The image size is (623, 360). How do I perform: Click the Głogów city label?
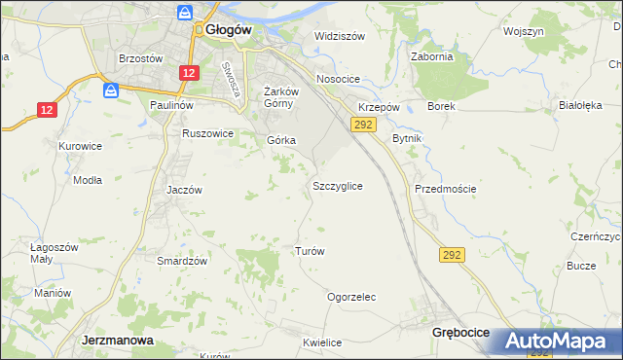230,30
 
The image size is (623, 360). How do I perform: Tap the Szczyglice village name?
338,185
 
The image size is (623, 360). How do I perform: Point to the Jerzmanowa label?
114,342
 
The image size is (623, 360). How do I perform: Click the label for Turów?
309,251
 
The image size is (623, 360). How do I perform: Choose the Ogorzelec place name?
351,297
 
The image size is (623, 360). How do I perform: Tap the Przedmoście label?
445,189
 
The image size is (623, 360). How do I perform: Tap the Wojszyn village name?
523,31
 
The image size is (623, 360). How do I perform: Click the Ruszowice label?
208,133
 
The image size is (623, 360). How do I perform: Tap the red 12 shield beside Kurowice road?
48,110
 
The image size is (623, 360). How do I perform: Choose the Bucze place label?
581,266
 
